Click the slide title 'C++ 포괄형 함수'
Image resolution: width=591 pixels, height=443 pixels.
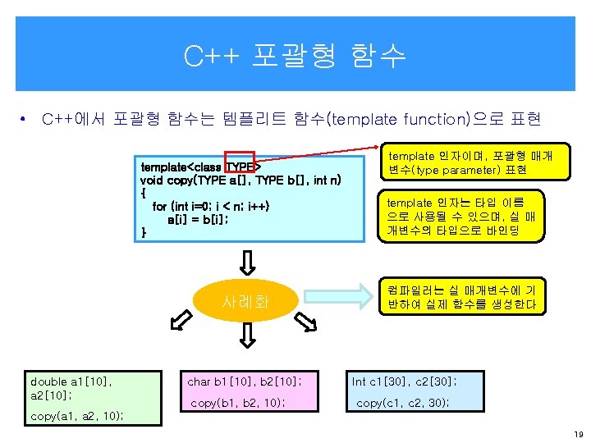(295, 56)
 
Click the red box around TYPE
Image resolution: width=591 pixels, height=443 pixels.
(241, 165)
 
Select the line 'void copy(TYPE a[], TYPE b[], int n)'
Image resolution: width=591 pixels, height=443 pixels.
(241, 180)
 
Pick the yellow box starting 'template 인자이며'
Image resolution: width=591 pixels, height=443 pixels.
(470, 162)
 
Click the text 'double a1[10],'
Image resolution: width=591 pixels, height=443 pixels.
(71, 381)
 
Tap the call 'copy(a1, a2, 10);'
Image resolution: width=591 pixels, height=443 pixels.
(77, 417)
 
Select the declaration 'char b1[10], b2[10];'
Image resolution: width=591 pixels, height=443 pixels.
(245, 381)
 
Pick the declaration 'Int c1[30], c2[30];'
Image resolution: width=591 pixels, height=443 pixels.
(405, 381)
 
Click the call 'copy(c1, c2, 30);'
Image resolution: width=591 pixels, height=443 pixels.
(402, 403)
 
